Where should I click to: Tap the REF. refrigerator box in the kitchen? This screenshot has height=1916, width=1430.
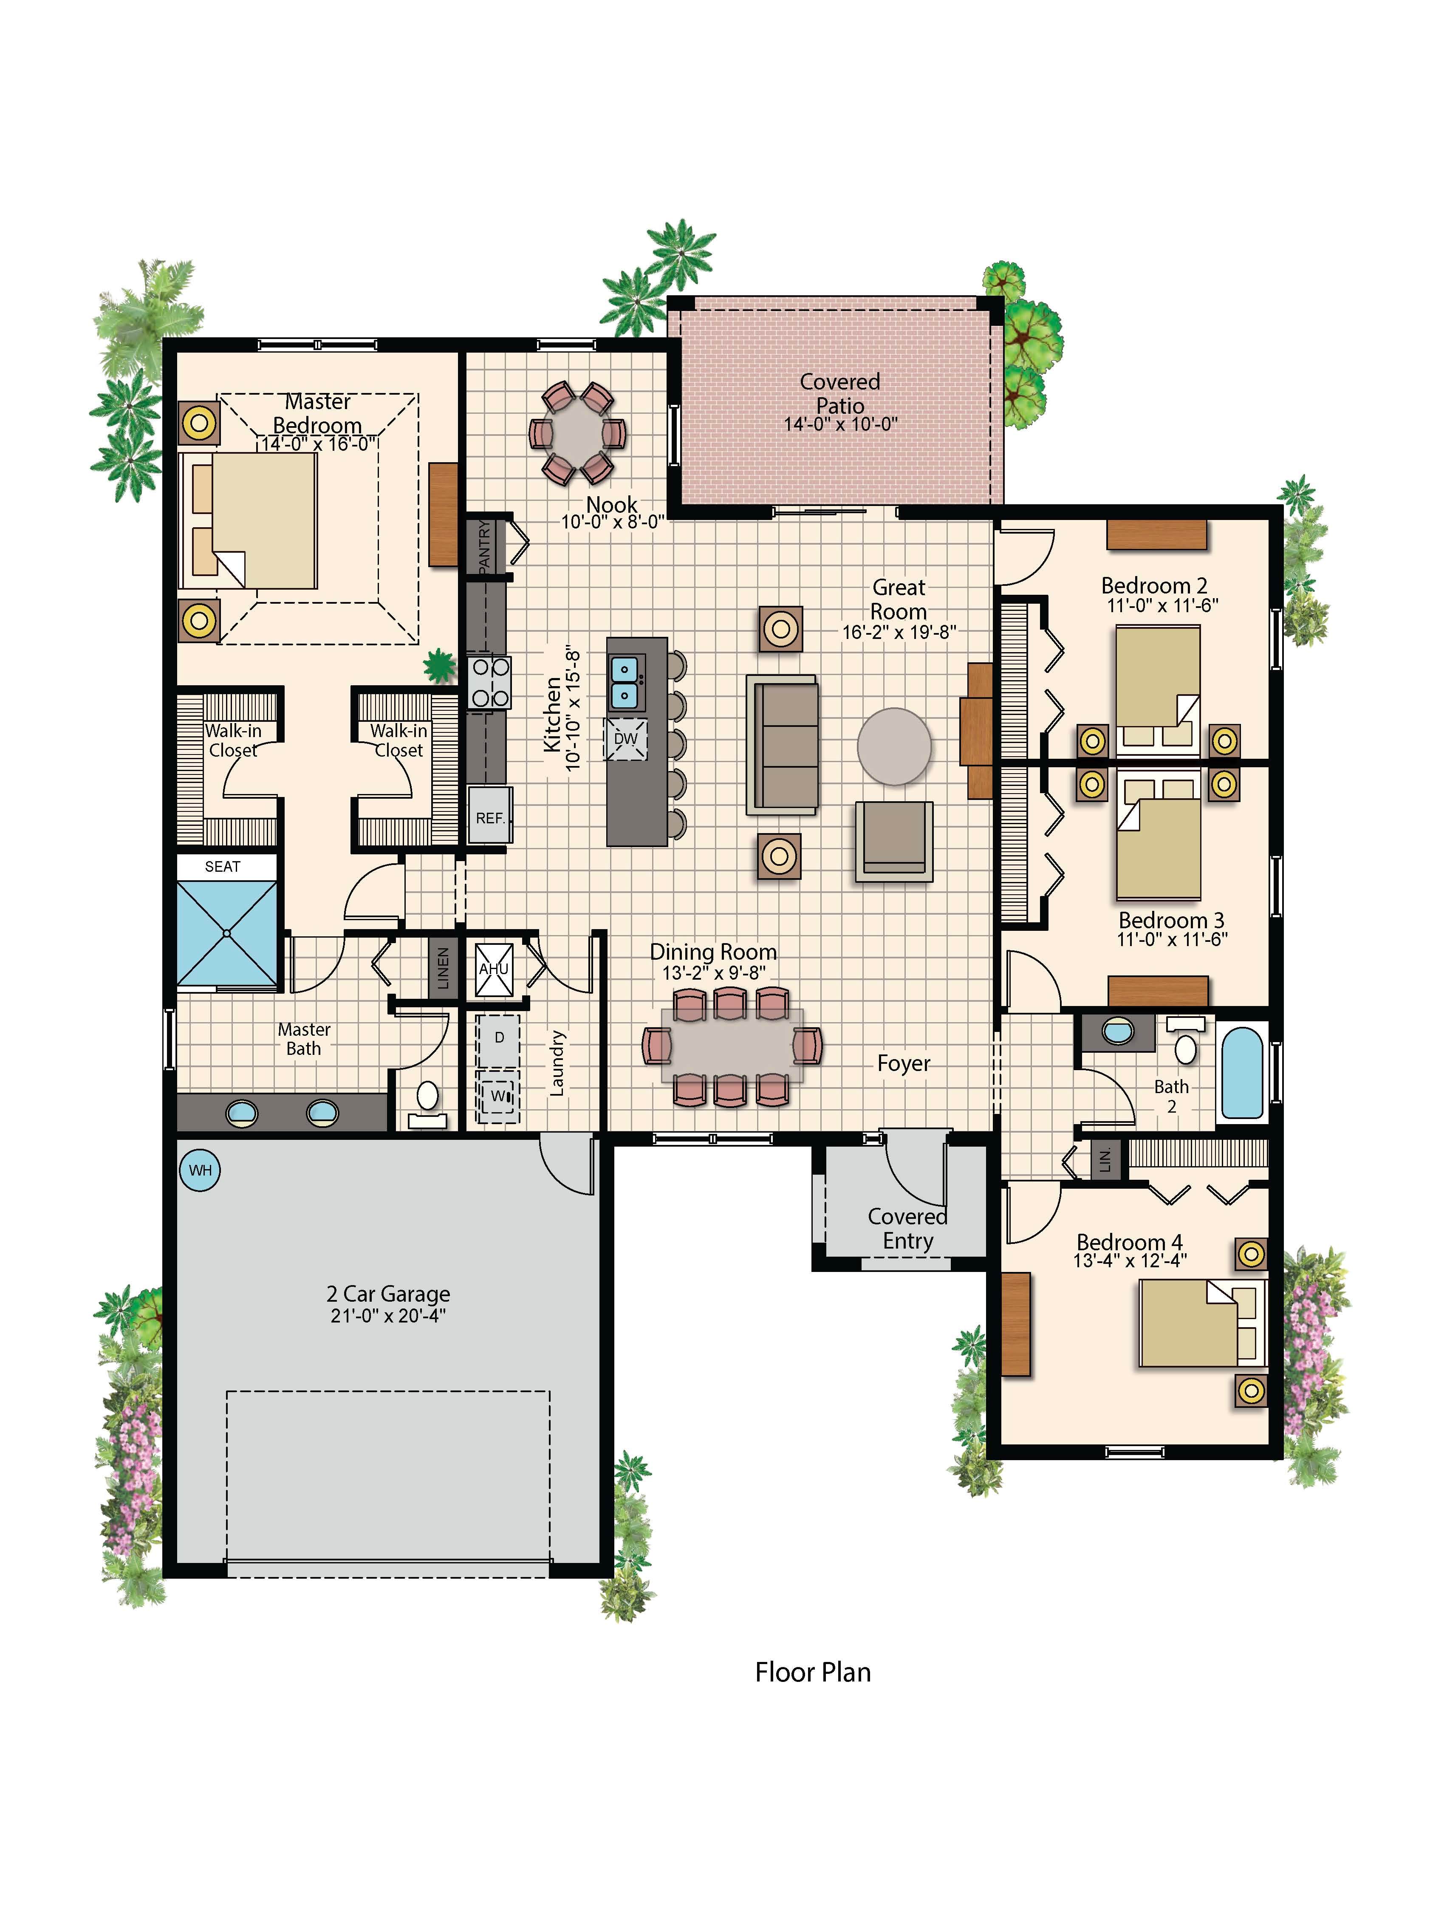point(490,815)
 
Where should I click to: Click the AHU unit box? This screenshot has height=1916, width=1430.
point(494,968)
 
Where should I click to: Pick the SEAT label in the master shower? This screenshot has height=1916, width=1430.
point(223,866)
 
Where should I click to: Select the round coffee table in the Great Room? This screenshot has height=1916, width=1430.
point(894,746)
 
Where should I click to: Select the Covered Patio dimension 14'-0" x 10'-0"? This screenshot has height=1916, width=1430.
point(840,424)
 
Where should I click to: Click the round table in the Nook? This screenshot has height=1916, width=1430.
point(577,433)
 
